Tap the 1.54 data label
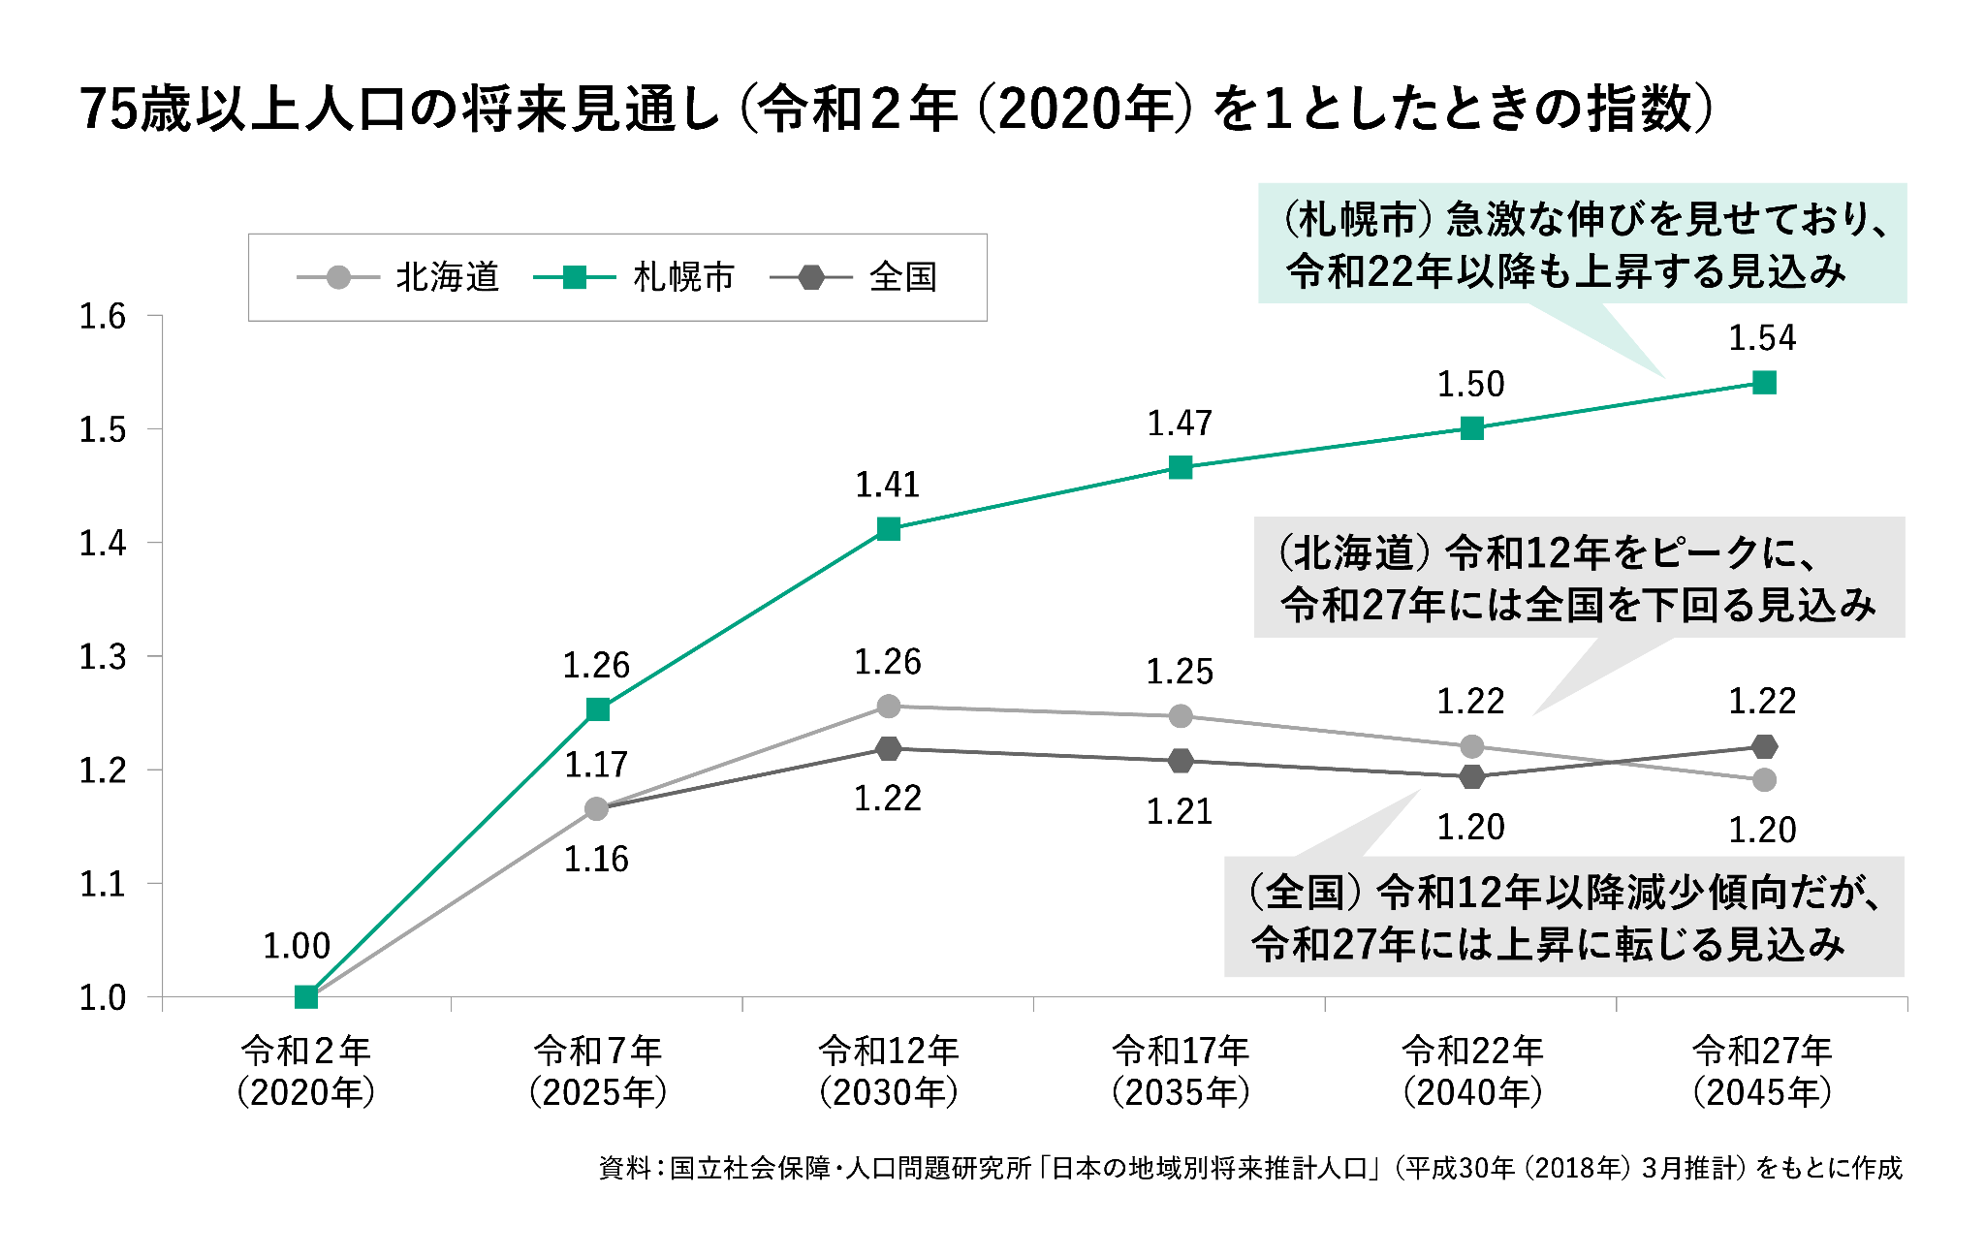coord(1762,338)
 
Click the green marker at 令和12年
coord(889,528)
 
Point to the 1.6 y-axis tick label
coord(103,316)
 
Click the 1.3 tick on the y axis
coord(103,657)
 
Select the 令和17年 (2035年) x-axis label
coord(1181,1071)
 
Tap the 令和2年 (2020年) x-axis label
coord(306,1071)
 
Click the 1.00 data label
coord(297,946)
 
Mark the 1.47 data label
coord(1180,424)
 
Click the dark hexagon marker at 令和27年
coord(1764,746)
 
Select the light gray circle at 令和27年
coord(1764,779)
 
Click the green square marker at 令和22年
coord(1471,428)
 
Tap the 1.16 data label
coord(596,859)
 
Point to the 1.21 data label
coord(1180,812)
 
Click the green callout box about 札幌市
coord(1582,244)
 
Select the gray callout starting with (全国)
coord(1563,917)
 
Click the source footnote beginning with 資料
coord(1250,1168)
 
